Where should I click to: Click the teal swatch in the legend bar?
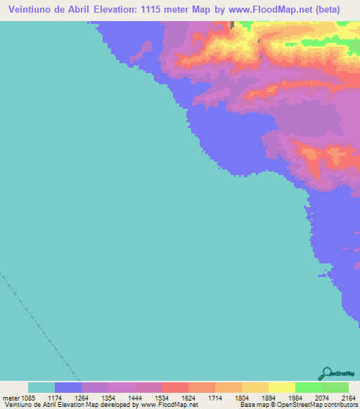pyautogui.click(x=41, y=387)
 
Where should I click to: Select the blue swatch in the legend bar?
pyautogui.click(x=68, y=387)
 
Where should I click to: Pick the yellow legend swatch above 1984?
pyautogui.click(x=282, y=387)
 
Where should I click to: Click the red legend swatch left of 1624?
pyautogui.click(x=175, y=387)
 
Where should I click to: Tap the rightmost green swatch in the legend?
pyautogui.click(x=335, y=387)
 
